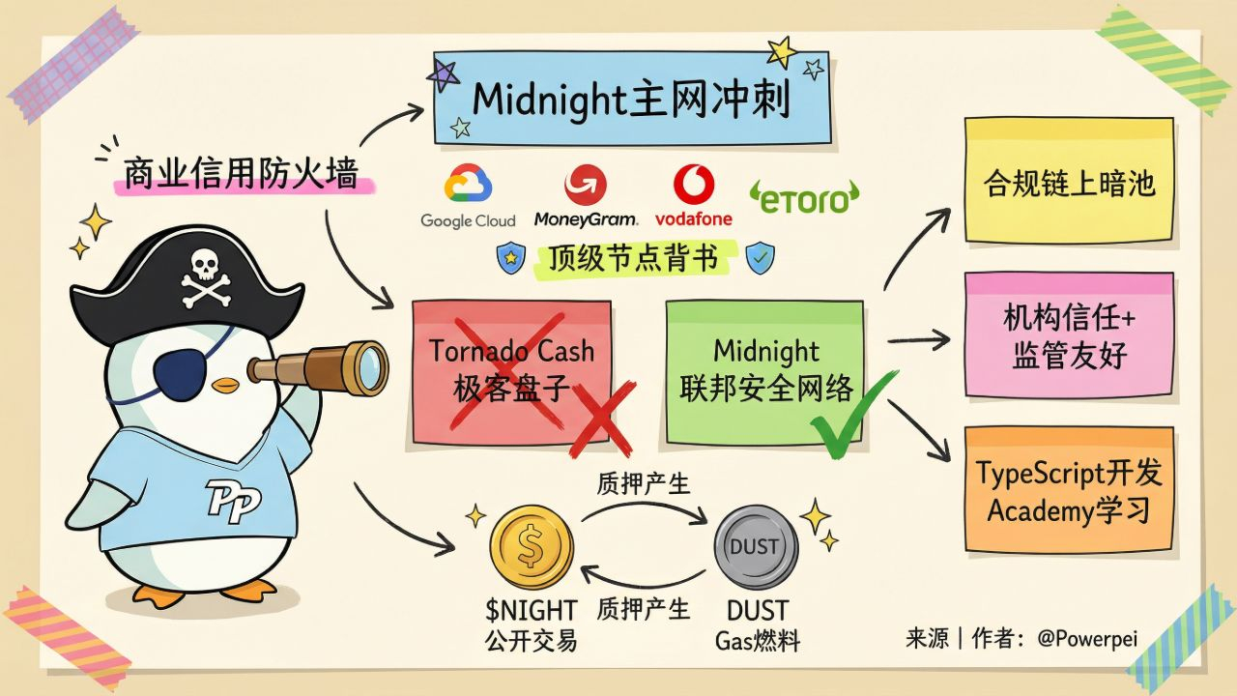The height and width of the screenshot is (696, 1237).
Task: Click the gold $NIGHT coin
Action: (531, 547)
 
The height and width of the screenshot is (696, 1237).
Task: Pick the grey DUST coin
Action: (755, 547)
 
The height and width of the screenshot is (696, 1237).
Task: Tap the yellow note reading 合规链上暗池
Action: (1069, 181)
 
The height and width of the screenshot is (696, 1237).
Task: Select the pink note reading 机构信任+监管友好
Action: (1069, 334)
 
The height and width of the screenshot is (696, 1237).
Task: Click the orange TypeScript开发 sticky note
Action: (1069, 489)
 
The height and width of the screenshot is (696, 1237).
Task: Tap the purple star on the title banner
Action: (444, 73)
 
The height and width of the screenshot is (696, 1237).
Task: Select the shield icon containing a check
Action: (761, 258)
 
